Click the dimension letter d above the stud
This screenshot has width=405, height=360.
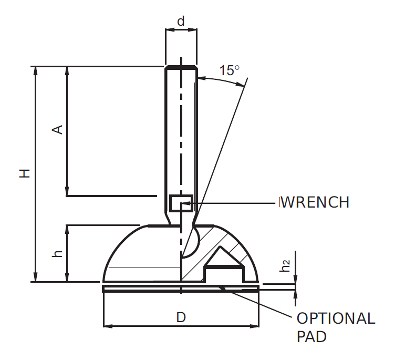tap(181, 22)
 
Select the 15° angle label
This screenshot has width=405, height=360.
tap(229, 70)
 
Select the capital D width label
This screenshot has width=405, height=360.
tap(181, 317)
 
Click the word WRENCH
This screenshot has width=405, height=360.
tap(315, 202)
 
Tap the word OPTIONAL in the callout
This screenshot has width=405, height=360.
tap(336, 318)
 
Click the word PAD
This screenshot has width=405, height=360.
tap(311, 337)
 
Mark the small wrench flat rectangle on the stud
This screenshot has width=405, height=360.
tap(181, 203)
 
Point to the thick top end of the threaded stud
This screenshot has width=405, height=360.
tap(181, 68)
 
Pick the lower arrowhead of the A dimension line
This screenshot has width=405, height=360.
tap(67, 192)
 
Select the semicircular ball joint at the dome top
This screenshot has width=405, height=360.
tap(190, 241)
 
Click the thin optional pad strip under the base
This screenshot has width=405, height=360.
tap(158, 289)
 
